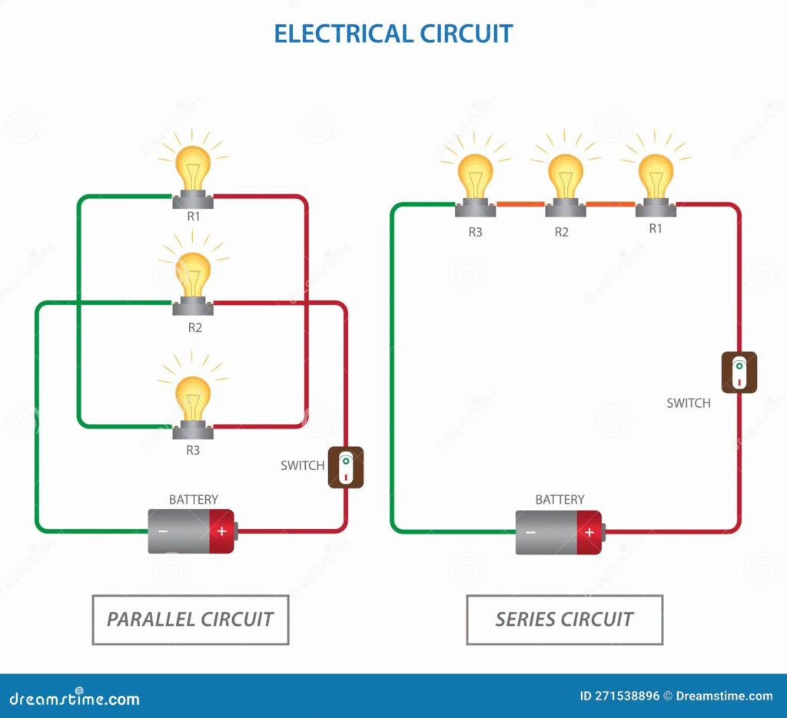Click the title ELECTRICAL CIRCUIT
coord(393,34)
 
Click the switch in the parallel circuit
coord(346,467)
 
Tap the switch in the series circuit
coord(739,372)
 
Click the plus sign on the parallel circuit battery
coord(222,531)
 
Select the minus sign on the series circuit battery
coord(530,532)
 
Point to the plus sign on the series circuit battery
coord(589,532)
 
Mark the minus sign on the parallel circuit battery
coord(163,531)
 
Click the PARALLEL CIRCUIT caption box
coord(190,619)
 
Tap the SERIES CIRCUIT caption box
coord(564,619)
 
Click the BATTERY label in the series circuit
coord(560,500)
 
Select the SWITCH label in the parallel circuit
coord(302,465)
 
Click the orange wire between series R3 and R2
coord(520,204)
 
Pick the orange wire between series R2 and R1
coord(610,204)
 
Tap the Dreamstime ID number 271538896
coord(619,696)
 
